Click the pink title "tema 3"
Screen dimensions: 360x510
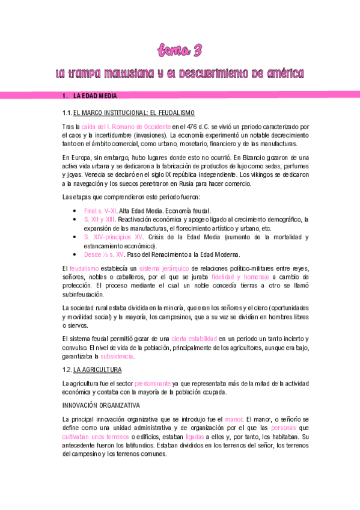[x=180, y=50]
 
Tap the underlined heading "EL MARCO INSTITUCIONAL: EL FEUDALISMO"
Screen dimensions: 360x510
[x=133, y=113]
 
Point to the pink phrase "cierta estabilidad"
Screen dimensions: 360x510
[x=194, y=339]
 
